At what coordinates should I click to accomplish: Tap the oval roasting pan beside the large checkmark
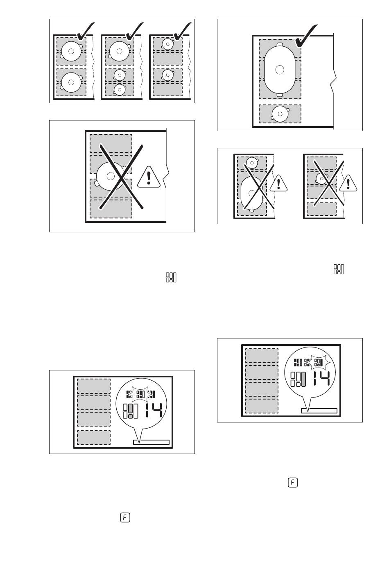click(280, 69)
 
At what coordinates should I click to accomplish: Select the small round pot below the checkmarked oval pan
click(280, 114)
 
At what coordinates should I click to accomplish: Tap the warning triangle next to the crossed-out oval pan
click(279, 183)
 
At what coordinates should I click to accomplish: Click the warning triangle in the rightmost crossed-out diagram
click(348, 183)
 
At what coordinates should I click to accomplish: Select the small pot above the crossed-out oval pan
click(253, 163)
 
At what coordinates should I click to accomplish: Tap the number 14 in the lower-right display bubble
click(320, 377)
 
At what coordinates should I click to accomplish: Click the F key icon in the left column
click(125, 518)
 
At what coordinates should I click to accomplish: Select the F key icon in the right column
click(293, 483)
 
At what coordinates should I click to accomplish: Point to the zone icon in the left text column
click(171, 277)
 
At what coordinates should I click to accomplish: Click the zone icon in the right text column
click(339, 269)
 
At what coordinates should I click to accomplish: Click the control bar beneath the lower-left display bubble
click(152, 442)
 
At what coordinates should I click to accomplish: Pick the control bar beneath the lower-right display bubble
click(319, 411)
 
